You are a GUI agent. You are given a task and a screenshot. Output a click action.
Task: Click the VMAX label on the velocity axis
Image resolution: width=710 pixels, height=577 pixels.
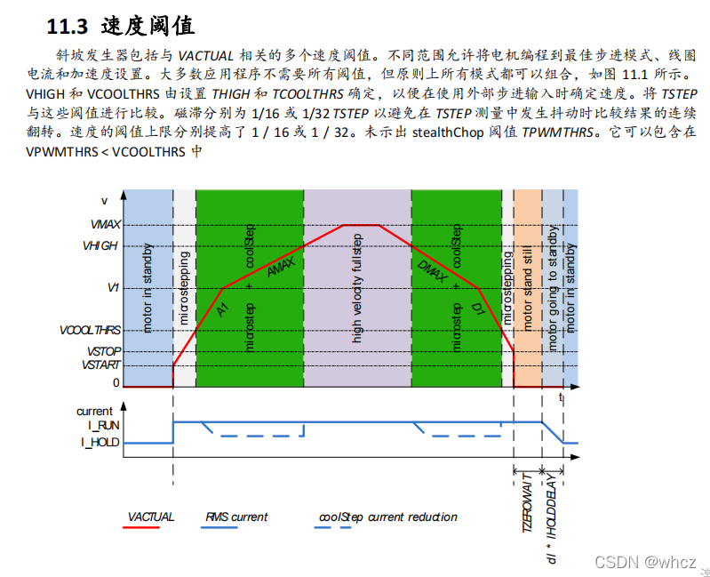[x=105, y=225]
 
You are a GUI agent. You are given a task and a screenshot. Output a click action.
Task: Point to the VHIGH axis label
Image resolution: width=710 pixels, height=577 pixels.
[x=100, y=245]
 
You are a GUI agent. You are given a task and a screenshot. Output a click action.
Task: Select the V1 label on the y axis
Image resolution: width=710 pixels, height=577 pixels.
[x=112, y=288]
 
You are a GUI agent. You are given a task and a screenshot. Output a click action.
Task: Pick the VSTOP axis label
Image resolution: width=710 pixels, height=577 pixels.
[x=102, y=352]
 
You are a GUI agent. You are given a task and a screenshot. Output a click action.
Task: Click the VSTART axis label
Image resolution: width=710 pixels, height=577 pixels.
[x=100, y=365]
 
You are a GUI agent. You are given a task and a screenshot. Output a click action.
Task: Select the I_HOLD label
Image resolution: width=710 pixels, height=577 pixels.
[x=99, y=442]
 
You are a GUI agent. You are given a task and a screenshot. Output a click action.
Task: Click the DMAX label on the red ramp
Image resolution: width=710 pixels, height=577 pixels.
[x=432, y=269]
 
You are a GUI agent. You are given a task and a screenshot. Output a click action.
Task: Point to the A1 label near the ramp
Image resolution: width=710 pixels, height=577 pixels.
[x=223, y=309]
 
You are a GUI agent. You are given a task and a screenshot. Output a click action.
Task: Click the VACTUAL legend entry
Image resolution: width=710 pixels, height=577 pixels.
[x=151, y=517]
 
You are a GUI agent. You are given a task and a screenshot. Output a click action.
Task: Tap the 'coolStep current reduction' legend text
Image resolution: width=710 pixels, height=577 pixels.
[x=388, y=517]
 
